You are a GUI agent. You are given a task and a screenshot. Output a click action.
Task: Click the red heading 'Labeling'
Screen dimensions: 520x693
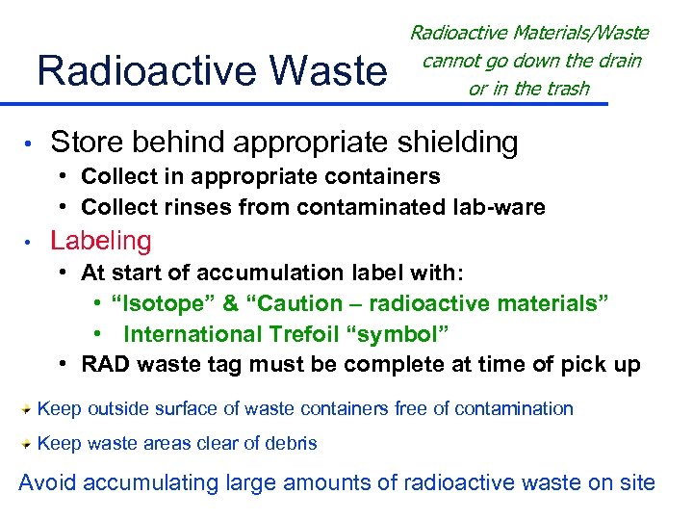click(x=101, y=240)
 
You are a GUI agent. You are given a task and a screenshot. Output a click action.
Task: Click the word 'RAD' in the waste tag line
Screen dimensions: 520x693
click(x=104, y=365)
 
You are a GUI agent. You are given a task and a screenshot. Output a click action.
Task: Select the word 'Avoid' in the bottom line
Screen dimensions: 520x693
click(x=45, y=482)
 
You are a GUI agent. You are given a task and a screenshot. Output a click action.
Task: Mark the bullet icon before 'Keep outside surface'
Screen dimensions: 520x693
click(x=27, y=408)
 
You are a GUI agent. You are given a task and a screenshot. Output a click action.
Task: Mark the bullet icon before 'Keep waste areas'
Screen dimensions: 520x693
click(x=27, y=443)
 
